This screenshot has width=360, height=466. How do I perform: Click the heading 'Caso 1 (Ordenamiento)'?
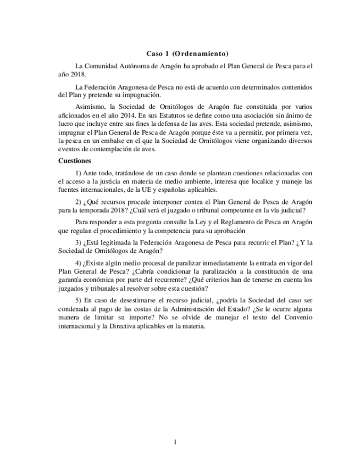coord(187,54)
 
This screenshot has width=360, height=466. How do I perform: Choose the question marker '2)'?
coord(78,202)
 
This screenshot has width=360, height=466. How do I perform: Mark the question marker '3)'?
coord(78,242)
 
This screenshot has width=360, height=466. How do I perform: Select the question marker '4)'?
coord(78,263)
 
